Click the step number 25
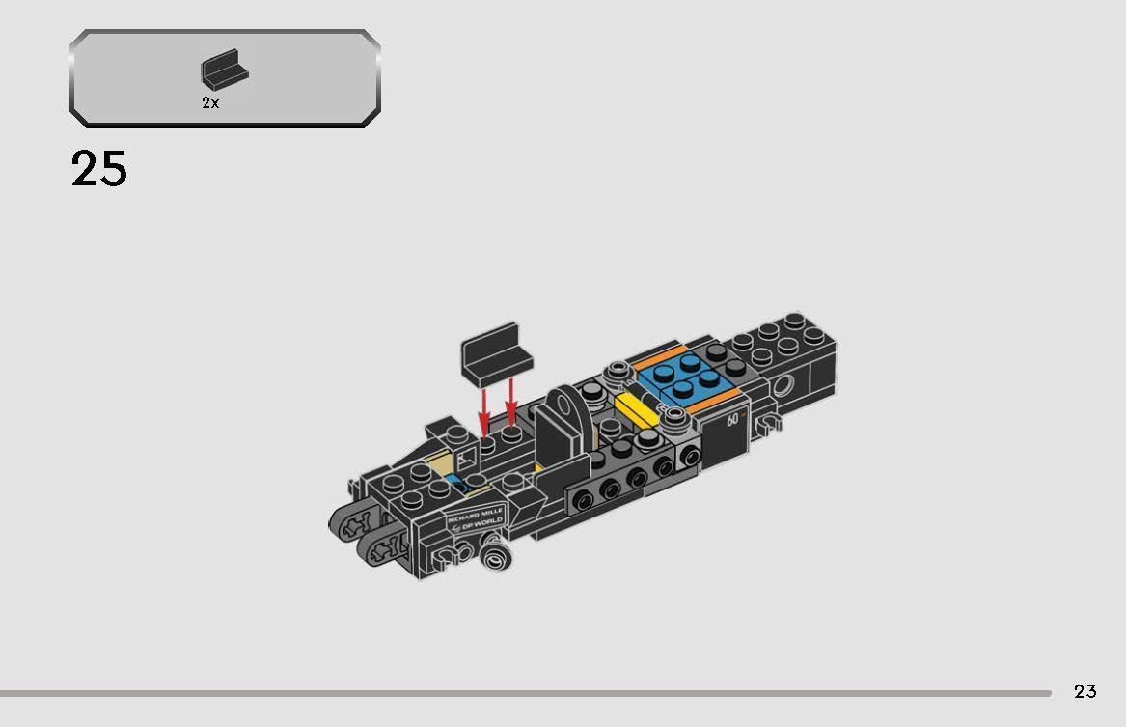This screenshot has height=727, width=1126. [99, 169]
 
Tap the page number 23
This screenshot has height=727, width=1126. [1085, 691]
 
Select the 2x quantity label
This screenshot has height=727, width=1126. [210, 103]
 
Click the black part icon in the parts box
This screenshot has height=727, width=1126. [224, 70]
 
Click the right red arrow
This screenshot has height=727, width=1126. [511, 401]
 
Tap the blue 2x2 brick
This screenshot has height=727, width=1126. [687, 377]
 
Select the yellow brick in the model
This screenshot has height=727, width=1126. [635, 411]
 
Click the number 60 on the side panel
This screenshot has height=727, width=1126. [733, 419]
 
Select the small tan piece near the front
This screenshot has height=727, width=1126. [441, 466]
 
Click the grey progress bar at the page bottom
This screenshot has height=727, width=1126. [526, 693]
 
